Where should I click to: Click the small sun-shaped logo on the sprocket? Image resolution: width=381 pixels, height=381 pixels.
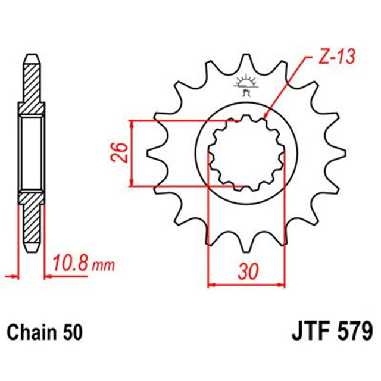pos(245,82)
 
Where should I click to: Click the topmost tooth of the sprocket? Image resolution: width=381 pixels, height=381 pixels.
pos(245,62)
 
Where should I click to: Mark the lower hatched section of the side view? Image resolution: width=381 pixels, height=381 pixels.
pos(32,220)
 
